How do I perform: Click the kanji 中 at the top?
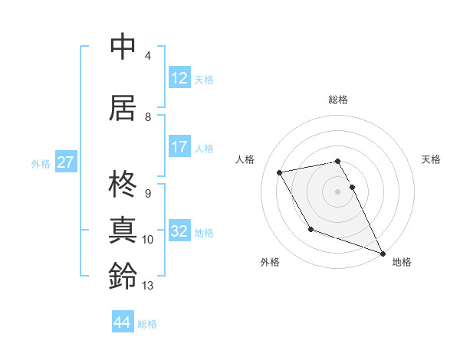pyautogui.click(x=123, y=47)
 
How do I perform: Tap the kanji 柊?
pyautogui.click(x=123, y=185)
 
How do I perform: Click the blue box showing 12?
pyautogui.click(x=179, y=79)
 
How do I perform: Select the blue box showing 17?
pyautogui.click(x=179, y=148)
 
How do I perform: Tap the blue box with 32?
pyautogui.click(x=179, y=232)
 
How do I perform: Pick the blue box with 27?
pyautogui.click(x=65, y=162)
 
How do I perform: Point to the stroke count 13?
pyautogui.click(x=148, y=286)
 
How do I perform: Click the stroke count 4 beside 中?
pyautogui.click(x=148, y=56)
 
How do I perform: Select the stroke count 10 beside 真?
pyautogui.click(x=148, y=240)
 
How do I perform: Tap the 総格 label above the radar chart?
pyautogui.click(x=338, y=100)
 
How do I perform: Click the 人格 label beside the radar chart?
pyautogui.click(x=245, y=159)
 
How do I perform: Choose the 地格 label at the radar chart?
pyautogui.click(x=402, y=263)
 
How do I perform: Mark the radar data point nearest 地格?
pyautogui.click(x=383, y=253)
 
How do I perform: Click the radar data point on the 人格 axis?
pyautogui.click(x=280, y=173)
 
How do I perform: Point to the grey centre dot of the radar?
pyautogui.click(x=338, y=191)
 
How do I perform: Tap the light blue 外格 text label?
pyautogui.click(x=41, y=163)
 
